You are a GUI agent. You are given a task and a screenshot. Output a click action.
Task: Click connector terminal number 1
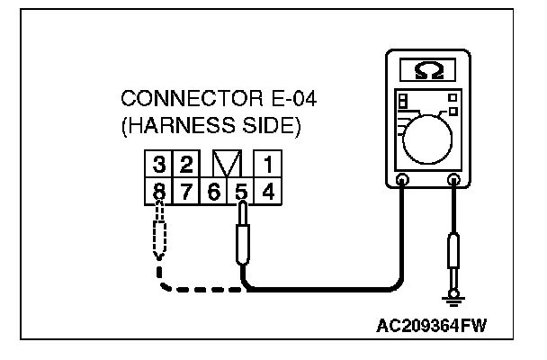click(x=267, y=166)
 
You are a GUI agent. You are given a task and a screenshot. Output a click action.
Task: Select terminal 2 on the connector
click(x=186, y=166)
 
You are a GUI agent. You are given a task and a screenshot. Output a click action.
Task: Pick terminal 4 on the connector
click(x=267, y=191)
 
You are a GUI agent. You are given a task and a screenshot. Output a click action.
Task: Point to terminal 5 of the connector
click(x=240, y=191)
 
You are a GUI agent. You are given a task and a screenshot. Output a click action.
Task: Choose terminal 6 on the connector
click(x=214, y=191)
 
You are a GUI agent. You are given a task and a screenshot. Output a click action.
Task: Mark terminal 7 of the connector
click(x=186, y=191)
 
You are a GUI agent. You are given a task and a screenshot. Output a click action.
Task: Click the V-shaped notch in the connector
click(x=227, y=166)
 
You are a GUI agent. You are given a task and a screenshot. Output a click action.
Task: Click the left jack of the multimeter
click(x=402, y=181)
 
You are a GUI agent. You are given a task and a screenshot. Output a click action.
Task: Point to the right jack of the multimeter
click(x=455, y=181)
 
